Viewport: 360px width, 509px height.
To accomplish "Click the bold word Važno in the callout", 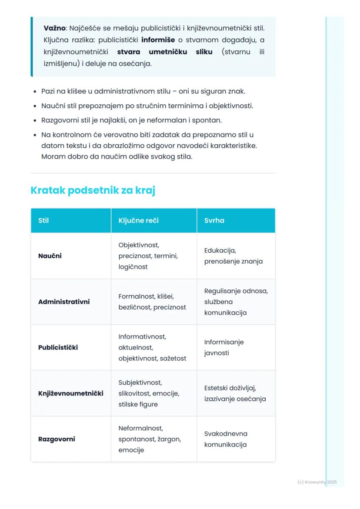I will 54,28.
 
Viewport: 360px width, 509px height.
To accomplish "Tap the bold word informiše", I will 158,40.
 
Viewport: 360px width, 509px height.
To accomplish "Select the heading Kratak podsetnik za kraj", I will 93,190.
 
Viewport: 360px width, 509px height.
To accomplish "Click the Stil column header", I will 43,220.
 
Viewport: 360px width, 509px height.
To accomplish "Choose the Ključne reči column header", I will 138,220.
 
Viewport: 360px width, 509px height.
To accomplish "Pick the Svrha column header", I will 214,220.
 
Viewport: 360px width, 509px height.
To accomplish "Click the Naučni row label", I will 50,256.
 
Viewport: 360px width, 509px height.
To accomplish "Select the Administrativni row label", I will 64,302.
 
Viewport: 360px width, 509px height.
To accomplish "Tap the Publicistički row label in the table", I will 58,348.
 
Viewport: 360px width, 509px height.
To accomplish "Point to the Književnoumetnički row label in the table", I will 71,393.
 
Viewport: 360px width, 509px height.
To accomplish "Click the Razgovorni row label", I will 57,439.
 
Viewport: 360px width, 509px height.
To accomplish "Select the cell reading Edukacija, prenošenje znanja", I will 233,256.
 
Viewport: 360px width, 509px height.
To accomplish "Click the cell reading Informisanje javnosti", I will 224,348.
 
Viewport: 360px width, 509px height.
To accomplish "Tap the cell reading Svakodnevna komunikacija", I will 226,439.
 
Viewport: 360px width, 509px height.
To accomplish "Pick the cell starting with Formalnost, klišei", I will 152,302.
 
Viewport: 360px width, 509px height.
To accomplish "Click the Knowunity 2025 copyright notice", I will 317,482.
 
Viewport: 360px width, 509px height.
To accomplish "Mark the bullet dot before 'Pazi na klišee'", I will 35,92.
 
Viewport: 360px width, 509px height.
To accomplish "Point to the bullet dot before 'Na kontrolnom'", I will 35,135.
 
